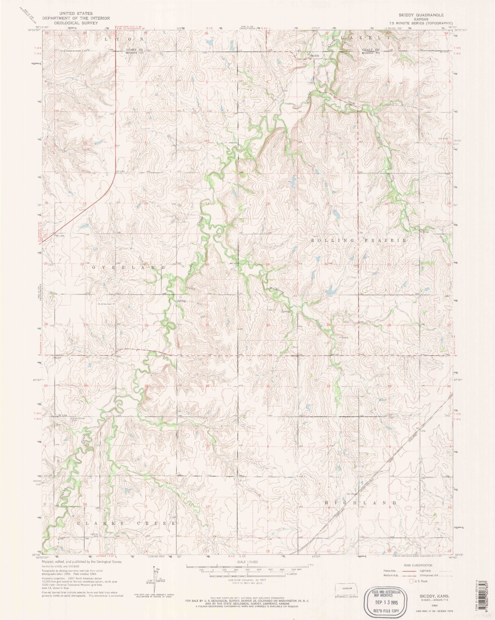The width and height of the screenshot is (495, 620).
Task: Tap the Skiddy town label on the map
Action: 314,56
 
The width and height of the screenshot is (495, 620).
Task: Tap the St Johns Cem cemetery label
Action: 105,304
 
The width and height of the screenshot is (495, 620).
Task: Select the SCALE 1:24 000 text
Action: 247,562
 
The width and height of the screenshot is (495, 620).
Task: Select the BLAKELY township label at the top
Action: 361,37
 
